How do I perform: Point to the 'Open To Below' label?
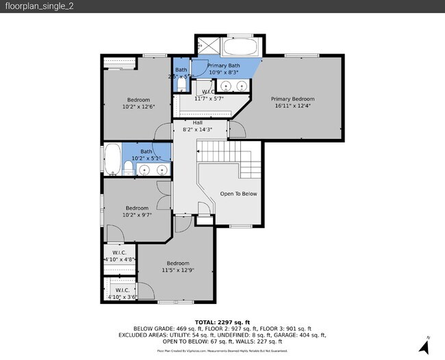click(x=238, y=194)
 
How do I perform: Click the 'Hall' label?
click(x=197, y=123)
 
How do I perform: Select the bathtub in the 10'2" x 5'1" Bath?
click(x=112, y=160)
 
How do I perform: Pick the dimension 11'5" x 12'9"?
click(x=178, y=270)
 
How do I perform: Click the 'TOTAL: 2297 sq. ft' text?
click(x=222, y=322)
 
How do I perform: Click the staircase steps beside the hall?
click(x=221, y=150)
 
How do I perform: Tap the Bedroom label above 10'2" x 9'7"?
click(x=136, y=207)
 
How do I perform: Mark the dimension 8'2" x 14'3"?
click(x=197, y=129)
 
